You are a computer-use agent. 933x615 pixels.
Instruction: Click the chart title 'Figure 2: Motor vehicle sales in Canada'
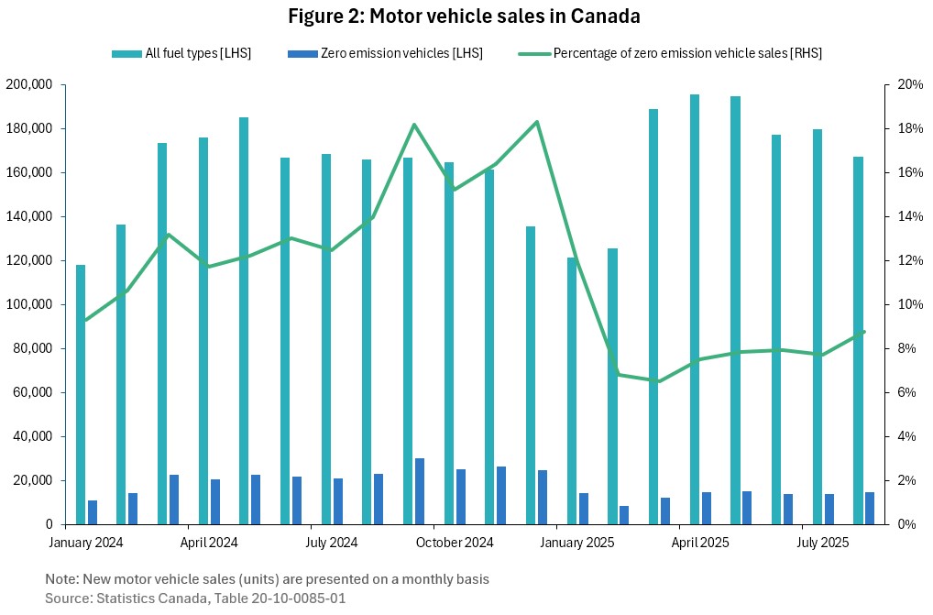[x=464, y=16]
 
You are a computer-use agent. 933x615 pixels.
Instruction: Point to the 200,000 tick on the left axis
[x=33, y=85]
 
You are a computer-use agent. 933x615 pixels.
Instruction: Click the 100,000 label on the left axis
[x=33, y=305]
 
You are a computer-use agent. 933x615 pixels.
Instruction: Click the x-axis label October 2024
[x=455, y=543]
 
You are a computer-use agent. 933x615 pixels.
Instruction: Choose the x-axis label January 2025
[x=577, y=543]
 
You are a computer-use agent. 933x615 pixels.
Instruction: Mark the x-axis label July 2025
[x=803, y=543]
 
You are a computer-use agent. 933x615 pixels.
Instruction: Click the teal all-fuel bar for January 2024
[x=81, y=394]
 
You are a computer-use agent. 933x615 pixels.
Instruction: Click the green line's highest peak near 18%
[x=537, y=122]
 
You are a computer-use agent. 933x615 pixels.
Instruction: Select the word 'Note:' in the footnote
[x=63, y=579]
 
